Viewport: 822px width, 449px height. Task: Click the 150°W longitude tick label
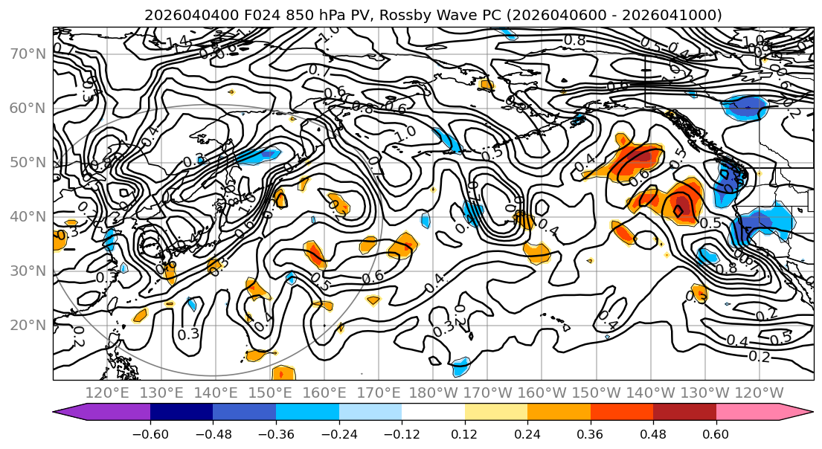pyautogui.click(x=596, y=393)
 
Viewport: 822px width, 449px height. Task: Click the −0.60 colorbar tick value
pyautogui.click(x=150, y=433)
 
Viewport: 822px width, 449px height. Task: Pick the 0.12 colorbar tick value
pyautogui.click(x=465, y=433)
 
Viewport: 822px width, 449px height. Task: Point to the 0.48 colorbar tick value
pyautogui.click(x=653, y=433)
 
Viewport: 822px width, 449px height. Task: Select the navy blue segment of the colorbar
pyautogui.click(x=182, y=413)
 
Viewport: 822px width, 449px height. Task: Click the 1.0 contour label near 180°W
pyautogui.click(x=405, y=135)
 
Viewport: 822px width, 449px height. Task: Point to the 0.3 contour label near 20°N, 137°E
pyautogui.click(x=188, y=334)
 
